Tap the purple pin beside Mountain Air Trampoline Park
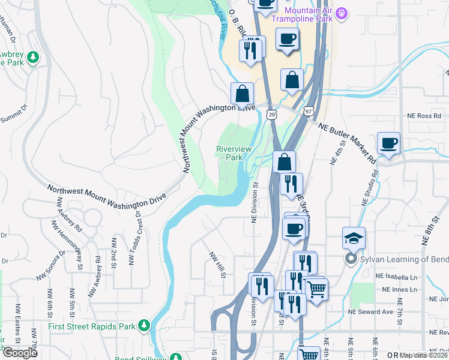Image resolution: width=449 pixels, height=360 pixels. (343, 12)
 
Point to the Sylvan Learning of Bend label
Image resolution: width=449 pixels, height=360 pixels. (400, 259)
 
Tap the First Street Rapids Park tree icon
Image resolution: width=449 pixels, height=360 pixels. (144, 325)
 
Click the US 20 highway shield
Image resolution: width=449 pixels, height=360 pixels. (272, 113)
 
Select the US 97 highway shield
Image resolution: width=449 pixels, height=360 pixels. (308, 112)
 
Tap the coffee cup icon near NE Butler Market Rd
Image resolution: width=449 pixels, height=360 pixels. (388, 144)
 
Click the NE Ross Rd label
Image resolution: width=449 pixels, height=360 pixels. (424, 115)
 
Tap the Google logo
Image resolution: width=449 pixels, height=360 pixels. (20, 353)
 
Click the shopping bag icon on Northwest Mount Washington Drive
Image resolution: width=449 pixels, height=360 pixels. (243, 94)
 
